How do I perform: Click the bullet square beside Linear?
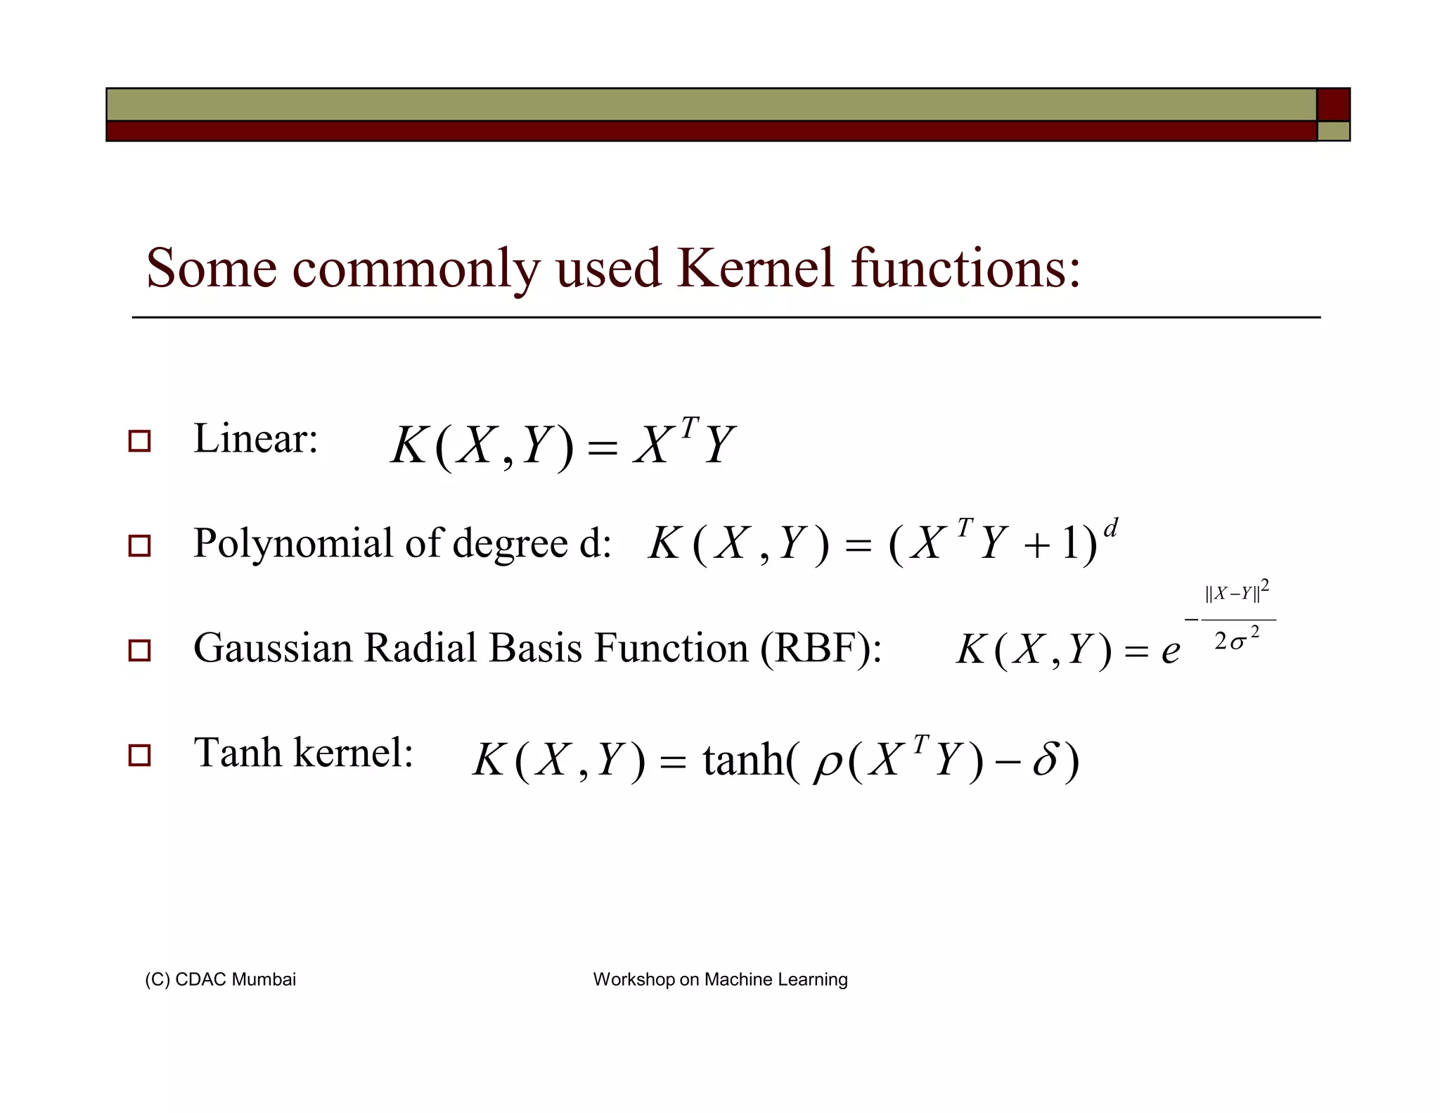139,441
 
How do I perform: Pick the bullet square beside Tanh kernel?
139,756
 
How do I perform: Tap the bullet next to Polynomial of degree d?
139,546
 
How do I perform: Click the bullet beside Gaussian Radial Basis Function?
139,650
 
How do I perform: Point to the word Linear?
255,439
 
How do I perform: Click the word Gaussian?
272,648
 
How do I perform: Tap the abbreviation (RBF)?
820,648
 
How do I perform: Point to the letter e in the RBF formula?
1170,651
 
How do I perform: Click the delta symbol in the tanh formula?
1046,760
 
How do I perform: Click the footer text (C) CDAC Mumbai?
220,979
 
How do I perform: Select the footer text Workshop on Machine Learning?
720,979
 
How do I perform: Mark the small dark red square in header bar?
1333,105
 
